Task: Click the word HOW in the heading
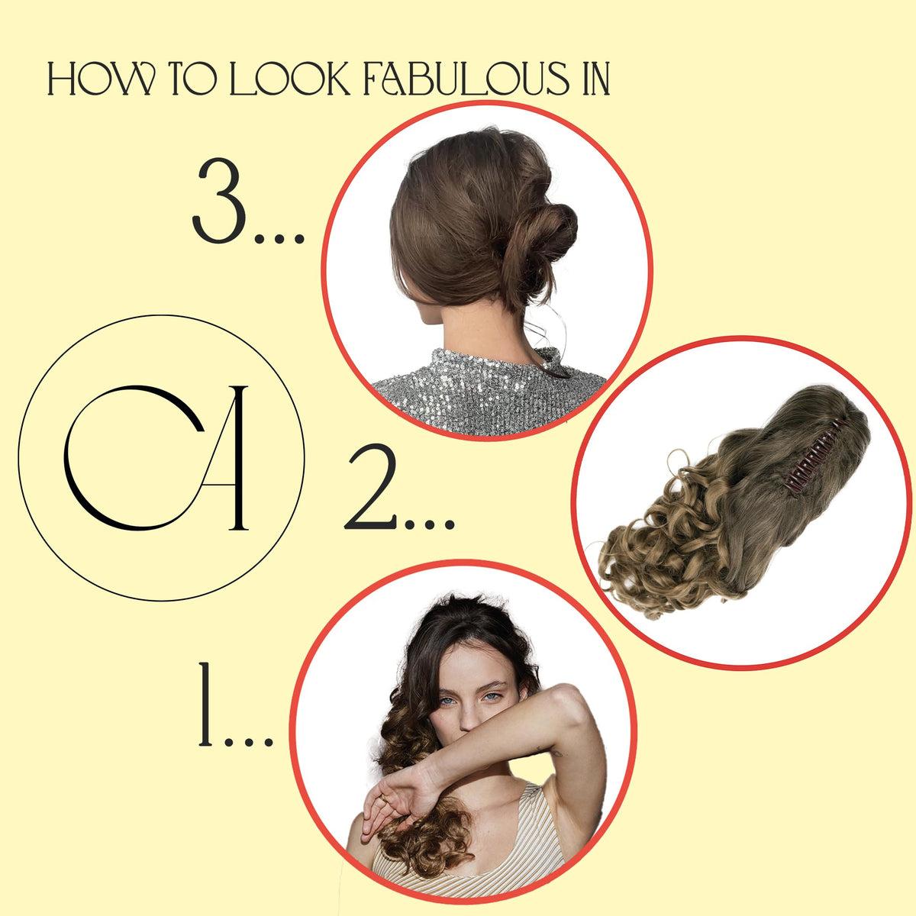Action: [x=102, y=79]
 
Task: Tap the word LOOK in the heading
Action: [x=290, y=79]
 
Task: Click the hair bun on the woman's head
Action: [x=542, y=237]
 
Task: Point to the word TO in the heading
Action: [x=193, y=79]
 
